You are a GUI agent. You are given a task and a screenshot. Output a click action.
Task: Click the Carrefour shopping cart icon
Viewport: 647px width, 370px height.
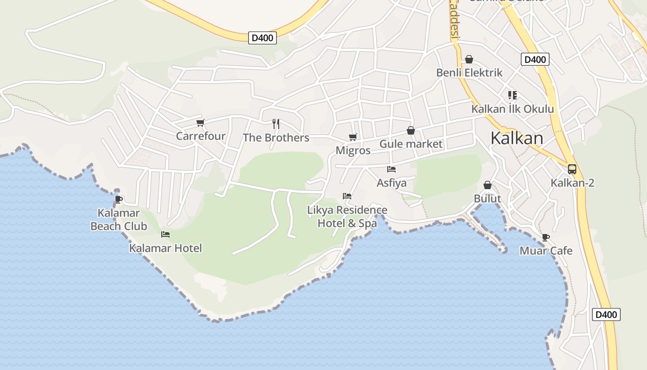(x=200, y=123)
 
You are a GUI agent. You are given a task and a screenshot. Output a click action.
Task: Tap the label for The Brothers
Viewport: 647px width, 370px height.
(x=276, y=138)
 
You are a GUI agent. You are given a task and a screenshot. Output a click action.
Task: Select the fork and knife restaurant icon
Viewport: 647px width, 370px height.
(x=276, y=123)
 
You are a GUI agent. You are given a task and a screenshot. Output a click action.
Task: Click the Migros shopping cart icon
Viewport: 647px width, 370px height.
(x=353, y=137)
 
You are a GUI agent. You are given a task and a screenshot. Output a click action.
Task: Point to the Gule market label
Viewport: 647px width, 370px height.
(x=411, y=144)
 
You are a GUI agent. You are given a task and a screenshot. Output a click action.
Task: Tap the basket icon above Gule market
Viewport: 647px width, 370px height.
(x=411, y=130)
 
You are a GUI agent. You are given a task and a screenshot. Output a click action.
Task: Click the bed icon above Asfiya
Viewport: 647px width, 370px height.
(x=391, y=169)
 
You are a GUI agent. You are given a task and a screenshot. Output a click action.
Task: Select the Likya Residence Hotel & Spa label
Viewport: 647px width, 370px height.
(x=347, y=217)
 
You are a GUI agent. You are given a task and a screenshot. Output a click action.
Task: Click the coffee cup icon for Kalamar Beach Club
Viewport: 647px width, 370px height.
(x=118, y=199)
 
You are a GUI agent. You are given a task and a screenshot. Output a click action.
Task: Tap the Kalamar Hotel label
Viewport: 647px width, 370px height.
(x=165, y=248)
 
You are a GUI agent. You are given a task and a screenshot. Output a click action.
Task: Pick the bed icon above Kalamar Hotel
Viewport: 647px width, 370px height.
(x=165, y=234)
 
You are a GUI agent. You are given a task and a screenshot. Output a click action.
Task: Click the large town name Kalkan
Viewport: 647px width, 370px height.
(x=517, y=138)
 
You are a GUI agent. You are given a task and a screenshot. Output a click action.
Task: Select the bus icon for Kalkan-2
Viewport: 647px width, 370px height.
(x=572, y=169)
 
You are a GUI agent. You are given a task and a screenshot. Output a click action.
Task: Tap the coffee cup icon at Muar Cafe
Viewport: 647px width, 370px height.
(x=546, y=237)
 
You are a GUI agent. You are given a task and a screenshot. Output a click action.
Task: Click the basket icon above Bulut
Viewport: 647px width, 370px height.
(x=488, y=185)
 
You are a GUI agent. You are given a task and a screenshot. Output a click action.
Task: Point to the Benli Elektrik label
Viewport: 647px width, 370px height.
(x=469, y=73)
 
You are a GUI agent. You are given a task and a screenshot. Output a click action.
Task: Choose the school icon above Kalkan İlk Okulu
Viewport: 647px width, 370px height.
(x=512, y=95)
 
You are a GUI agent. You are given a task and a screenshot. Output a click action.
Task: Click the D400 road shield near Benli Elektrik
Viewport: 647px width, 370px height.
(x=535, y=59)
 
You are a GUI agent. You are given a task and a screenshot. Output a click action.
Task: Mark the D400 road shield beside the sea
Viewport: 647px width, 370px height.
(x=606, y=314)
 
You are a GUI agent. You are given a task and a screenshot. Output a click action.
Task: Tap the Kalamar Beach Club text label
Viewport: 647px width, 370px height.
(x=119, y=220)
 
